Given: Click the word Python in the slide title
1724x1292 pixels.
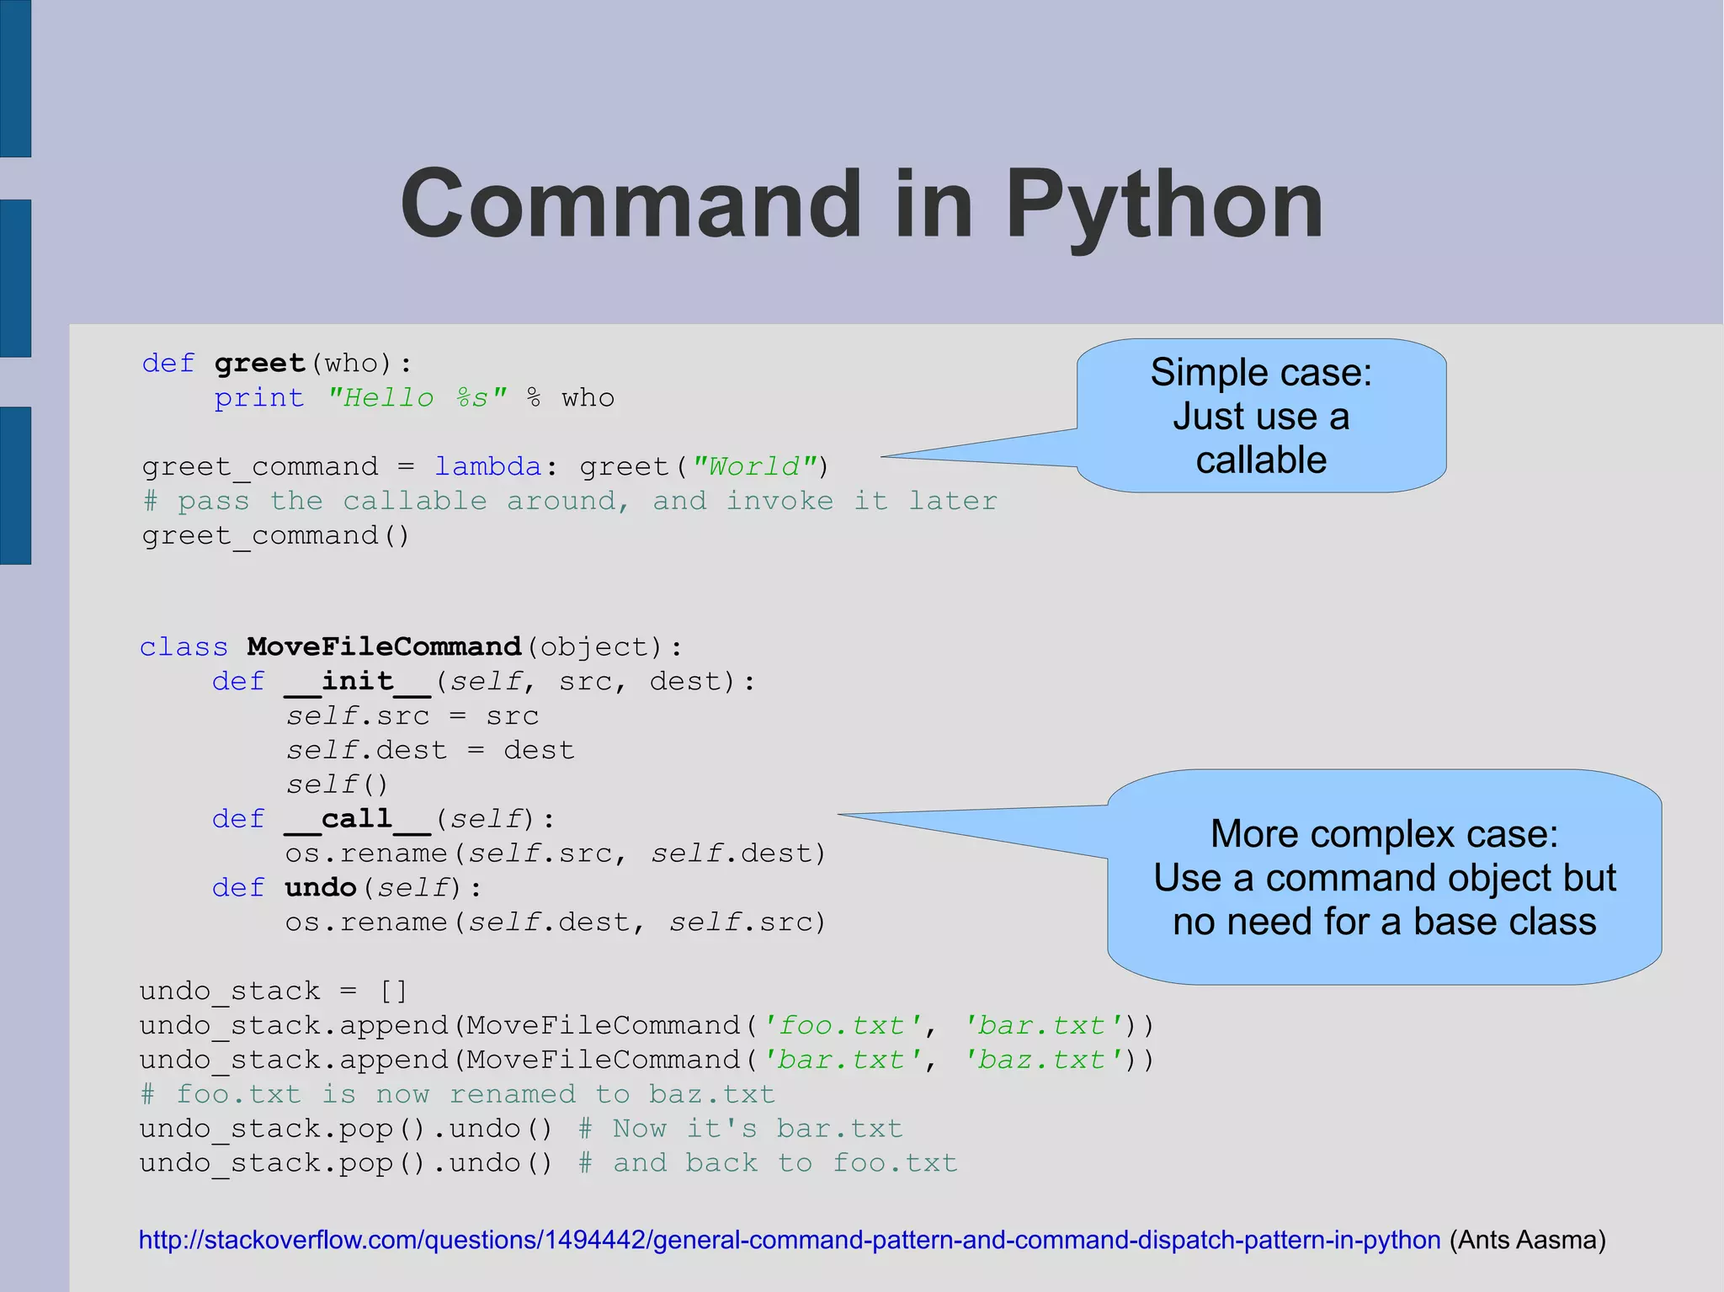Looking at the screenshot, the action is click(1164, 205).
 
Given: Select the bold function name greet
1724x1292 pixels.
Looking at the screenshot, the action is click(259, 364).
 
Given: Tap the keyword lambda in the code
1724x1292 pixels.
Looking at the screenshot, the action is click(487, 466).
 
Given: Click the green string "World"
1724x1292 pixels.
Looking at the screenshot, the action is click(753, 466).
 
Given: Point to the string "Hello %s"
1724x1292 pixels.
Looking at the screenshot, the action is click(417, 398).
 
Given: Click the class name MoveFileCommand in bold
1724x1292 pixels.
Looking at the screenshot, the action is click(384, 646).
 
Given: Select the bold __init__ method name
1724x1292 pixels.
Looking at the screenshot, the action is click(358, 681).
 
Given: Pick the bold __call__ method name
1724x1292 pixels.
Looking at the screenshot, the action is click(358, 819).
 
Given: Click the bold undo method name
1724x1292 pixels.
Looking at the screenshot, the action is click(321, 888).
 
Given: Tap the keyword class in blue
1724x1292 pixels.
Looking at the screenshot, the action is click(184, 646).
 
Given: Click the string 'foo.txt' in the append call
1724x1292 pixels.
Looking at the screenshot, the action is click(842, 1025).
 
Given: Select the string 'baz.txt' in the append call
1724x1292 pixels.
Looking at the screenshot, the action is click(1043, 1060).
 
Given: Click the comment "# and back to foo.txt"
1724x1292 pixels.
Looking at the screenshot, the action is click(768, 1163).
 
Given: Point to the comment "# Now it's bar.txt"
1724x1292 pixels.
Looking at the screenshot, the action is click(741, 1129).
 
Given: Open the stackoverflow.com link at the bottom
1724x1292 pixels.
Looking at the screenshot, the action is click(789, 1240).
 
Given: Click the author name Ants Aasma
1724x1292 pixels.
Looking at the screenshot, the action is click(1527, 1240).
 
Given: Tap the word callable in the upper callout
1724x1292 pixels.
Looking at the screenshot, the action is click(1261, 460).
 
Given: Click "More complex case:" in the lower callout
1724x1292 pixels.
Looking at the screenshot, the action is click(1384, 834).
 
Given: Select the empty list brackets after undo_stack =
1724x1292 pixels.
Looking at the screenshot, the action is click(393, 992).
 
